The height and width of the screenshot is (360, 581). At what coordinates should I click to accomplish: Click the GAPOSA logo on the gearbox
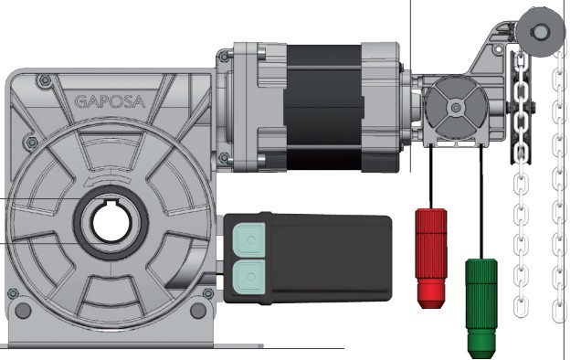[110, 101]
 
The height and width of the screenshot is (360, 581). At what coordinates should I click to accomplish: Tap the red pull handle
[431, 259]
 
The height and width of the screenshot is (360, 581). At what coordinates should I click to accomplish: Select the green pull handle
[481, 309]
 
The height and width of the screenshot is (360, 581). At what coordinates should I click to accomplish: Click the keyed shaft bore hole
[111, 222]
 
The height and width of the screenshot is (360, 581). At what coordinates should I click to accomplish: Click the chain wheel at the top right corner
[541, 32]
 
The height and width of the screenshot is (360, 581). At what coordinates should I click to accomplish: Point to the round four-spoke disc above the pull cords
[456, 108]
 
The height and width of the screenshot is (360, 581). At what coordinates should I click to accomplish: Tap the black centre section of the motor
[323, 108]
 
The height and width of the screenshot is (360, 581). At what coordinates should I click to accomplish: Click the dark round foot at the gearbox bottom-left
[23, 311]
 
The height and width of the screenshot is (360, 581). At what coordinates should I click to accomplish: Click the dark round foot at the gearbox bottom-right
[198, 311]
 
